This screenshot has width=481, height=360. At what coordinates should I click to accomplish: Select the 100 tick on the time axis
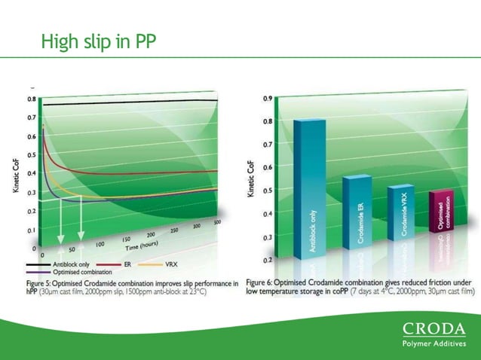(99, 243)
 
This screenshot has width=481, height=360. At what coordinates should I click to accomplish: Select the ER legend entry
(127, 264)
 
